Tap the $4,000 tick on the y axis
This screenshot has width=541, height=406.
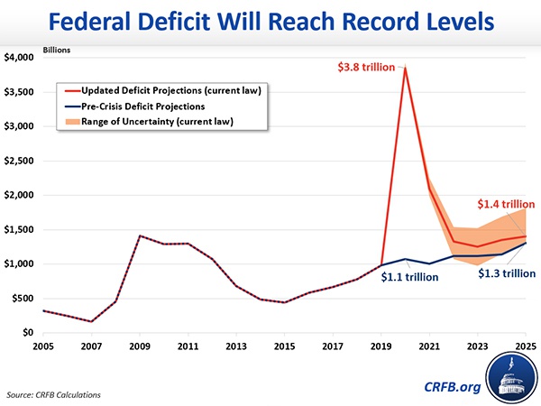(21, 58)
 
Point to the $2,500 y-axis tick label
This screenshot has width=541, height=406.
(21, 161)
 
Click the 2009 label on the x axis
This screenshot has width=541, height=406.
(139, 346)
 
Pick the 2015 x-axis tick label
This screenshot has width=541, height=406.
(285, 346)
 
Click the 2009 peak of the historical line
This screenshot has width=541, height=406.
(139, 235)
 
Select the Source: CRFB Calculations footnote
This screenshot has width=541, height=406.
(55, 394)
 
